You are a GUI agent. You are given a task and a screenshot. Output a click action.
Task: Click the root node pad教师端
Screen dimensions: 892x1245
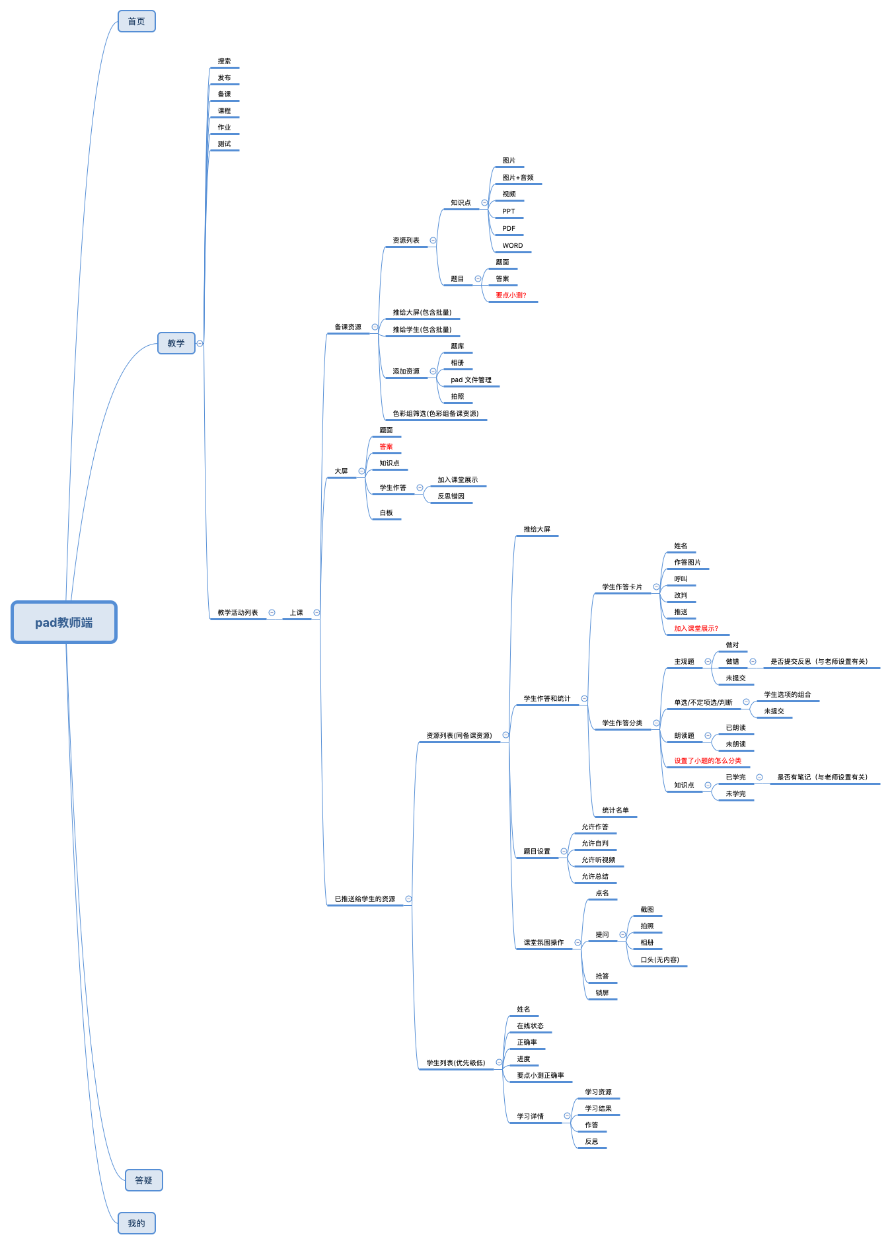point(64,622)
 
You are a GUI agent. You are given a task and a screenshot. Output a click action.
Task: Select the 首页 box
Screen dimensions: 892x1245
point(137,21)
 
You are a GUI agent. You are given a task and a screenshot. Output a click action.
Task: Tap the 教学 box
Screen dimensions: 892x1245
point(176,343)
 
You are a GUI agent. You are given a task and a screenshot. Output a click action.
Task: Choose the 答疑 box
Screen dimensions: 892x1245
point(144,1180)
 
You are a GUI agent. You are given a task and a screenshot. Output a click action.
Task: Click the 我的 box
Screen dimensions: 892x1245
point(137,1223)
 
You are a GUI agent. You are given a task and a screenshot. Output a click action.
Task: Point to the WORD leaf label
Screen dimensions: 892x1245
point(513,246)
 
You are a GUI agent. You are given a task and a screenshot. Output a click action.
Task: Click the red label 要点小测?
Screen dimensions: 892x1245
point(511,296)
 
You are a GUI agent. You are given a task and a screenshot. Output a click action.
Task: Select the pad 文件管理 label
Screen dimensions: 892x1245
point(471,380)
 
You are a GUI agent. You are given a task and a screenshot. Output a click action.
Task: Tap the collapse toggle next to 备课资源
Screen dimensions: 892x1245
point(375,327)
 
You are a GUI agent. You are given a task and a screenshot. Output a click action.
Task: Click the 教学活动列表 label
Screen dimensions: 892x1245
point(238,613)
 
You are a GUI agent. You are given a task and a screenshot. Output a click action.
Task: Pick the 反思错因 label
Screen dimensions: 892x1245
point(451,497)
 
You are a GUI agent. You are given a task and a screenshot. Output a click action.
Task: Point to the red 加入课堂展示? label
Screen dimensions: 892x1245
point(696,629)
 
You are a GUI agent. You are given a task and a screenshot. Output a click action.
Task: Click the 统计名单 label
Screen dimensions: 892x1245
point(616,811)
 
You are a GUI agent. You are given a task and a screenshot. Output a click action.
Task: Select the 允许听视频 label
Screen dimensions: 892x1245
point(599,860)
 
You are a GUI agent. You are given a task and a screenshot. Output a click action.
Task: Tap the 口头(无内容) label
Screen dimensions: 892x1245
point(660,960)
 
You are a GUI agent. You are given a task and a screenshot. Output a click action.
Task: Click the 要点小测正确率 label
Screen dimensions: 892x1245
point(540,1076)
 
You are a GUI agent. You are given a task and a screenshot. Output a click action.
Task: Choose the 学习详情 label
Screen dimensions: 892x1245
point(531,1117)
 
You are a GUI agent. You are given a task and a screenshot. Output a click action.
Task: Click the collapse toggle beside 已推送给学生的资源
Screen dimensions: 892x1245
point(408,899)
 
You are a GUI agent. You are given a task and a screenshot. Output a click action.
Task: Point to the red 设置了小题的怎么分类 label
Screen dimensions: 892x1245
point(708,761)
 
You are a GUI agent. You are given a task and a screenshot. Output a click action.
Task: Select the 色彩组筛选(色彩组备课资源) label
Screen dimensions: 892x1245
point(435,414)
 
